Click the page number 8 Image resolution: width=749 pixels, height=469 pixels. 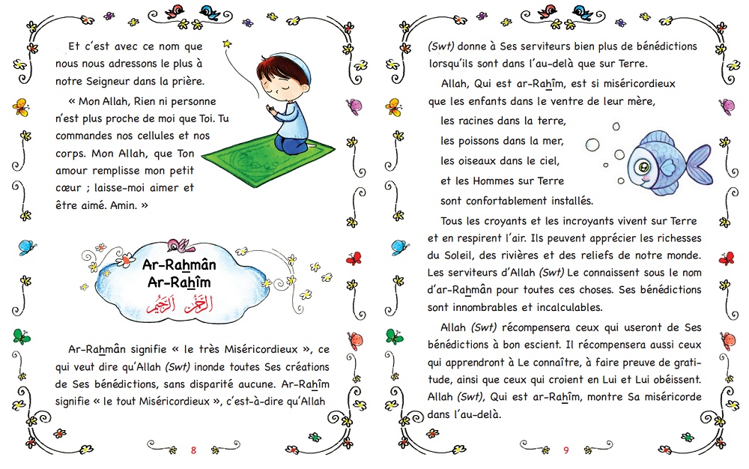point(193,450)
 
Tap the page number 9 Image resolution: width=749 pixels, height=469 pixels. point(566,450)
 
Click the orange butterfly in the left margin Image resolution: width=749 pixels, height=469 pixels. point(19,105)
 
